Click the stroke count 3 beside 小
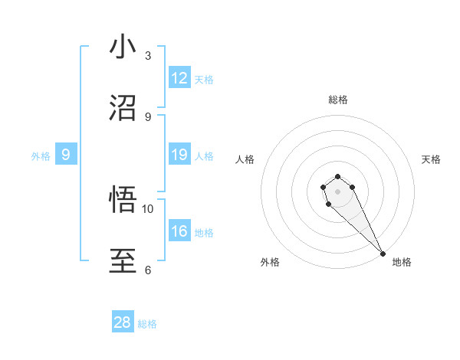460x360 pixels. click(x=148, y=56)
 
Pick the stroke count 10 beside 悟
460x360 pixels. click(x=148, y=208)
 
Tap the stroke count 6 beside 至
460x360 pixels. click(x=148, y=270)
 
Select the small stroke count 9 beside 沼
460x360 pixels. click(x=148, y=116)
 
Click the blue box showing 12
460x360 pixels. click(x=179, y=78)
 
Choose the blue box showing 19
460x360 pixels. click(x=179, y=155)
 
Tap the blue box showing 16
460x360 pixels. click(x=179, y=231)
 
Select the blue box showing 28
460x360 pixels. click(x=123, y=322)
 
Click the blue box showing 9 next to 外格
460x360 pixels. click(x=66, y=155)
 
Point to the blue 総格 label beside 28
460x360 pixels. click(x=147, y=324)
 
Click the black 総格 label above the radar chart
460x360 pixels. click(x=337, y=100)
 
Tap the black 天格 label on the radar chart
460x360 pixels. click(x=432, y=159)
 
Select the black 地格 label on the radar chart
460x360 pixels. click(x=402, y=262)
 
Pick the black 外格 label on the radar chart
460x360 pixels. click(x=270, y=262)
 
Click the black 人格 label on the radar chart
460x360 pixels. click(x=245, y=159)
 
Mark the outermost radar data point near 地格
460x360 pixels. click(x=383, y=254)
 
